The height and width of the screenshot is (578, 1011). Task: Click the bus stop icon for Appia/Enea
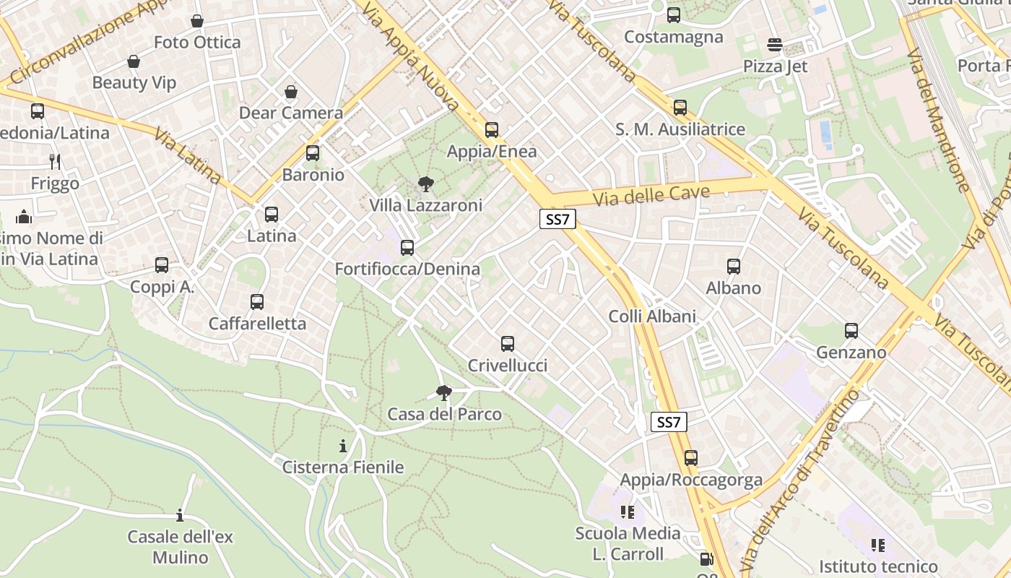pos(492,130)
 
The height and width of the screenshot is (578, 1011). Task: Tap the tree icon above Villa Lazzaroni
pos(426,184)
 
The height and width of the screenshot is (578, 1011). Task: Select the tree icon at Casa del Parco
pos(444,393)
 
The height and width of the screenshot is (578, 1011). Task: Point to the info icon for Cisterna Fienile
pos(343,446)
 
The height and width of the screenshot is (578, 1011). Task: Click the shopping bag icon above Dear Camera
pos(290,92)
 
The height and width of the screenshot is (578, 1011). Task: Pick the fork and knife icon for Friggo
pos(55,161)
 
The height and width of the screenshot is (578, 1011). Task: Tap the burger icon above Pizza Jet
pos(775,45)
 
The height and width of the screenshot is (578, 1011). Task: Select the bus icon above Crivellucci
pos(508,344)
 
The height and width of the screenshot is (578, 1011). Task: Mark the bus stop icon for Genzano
pos(851,331)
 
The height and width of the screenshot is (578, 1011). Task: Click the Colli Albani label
pos(652,316)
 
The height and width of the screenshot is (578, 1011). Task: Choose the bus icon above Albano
pos(734,267)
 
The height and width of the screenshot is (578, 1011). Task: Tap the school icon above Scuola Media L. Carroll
pos(627,512)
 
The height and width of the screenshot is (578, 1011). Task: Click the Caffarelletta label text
pos(257,324)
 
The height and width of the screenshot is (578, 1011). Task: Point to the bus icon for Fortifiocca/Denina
pos(407,248)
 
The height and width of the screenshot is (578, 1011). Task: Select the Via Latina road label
pos(187,156)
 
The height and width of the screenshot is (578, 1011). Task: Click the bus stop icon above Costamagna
pos(674,14)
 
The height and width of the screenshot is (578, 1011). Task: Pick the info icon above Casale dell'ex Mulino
pos(180,515)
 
